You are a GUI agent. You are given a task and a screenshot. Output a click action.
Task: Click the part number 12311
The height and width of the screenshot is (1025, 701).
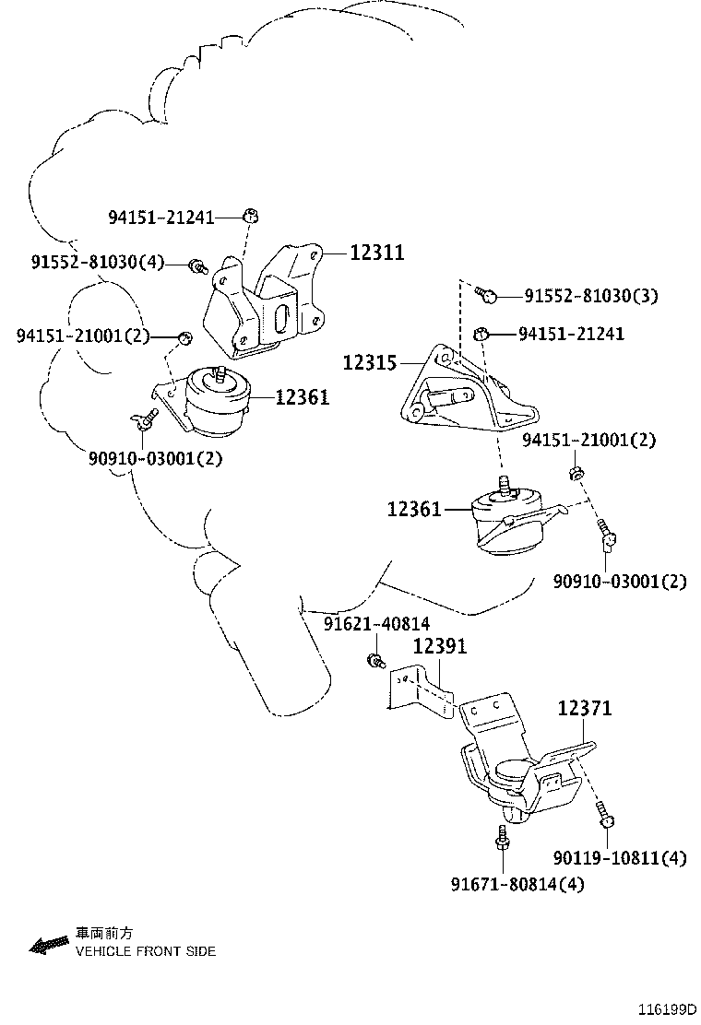tap(377, 253)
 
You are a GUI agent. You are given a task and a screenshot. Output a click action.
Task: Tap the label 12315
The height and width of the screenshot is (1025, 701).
tap(370, 362)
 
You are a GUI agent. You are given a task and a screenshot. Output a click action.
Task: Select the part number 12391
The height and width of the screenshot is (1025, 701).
tap(440, 646)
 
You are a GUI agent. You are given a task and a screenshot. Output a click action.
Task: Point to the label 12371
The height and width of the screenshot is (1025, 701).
tap(585, 708)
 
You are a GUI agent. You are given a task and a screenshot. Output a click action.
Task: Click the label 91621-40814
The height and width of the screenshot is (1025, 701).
tap(376, 624)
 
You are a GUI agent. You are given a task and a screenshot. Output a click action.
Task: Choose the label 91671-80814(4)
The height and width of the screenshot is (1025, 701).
tap(517, 885)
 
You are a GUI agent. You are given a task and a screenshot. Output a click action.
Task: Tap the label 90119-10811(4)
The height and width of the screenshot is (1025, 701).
tap(620, 857)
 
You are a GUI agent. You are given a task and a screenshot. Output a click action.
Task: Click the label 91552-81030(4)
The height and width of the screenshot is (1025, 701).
tap(98, 262)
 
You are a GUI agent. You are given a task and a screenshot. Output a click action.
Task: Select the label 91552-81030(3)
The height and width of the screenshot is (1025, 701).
tap(591, 296)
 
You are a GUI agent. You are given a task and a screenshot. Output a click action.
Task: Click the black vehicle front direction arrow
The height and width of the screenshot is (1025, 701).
tap(49, 944)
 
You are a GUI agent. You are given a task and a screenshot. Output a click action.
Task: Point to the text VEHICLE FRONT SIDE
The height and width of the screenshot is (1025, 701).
tap(146, 951)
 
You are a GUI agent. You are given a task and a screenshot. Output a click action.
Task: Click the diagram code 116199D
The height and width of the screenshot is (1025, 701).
tap(668, 1008)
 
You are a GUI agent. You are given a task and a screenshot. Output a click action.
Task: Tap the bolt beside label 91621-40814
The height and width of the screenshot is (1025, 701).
tap(374, 660)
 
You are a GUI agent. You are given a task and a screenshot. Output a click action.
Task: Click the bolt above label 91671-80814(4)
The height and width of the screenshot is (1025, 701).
tap(502, 837)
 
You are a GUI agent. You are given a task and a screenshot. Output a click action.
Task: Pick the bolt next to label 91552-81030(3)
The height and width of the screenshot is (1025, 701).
tap(485, 295)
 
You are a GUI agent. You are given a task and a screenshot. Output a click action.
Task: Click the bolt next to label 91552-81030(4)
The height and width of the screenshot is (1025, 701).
tap(197, 266)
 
